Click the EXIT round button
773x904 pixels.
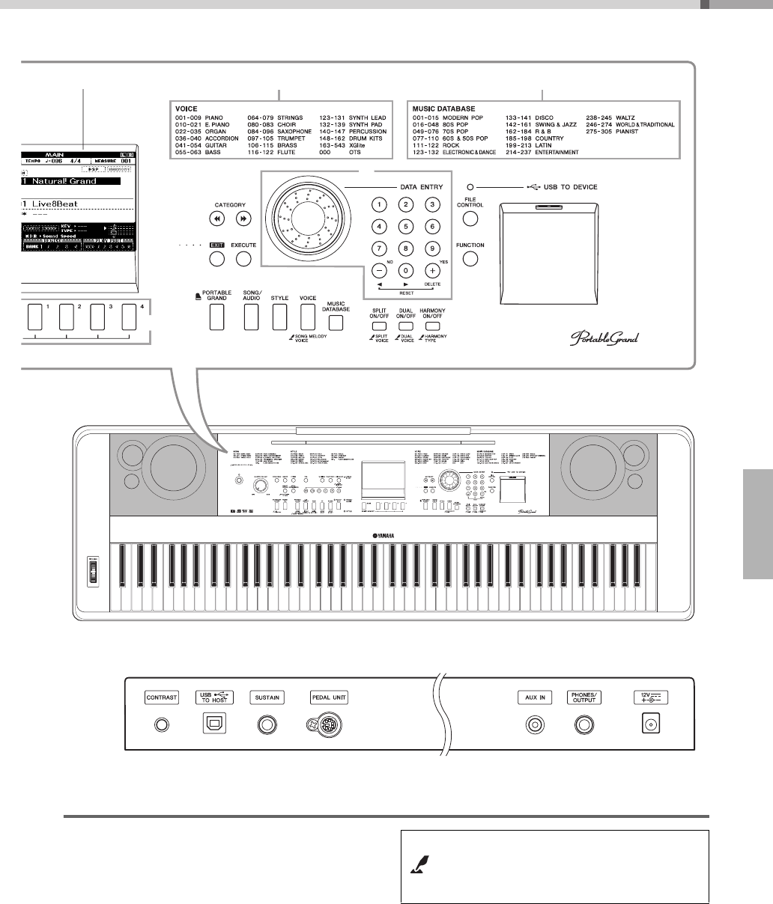[216, 260]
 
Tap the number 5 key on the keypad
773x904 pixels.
[405, 226]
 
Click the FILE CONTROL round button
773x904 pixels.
[470, 219]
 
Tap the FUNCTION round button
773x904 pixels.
[470, 259]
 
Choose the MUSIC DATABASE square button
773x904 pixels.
[336, 323]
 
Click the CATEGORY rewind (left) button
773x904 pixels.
[216, 219]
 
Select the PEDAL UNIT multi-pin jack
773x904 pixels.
[322, 724]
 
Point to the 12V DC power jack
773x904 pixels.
[646, 724]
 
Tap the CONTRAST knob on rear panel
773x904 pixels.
[161, 724]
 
